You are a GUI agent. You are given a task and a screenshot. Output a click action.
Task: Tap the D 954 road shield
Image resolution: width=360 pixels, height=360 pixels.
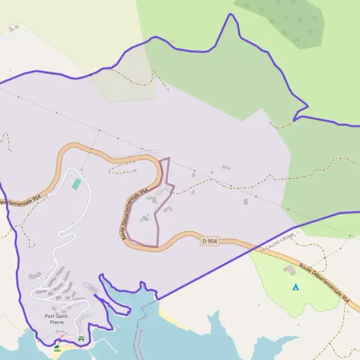point(209,241)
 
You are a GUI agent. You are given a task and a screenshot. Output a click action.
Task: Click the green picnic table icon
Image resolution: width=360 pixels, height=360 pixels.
point(81,340)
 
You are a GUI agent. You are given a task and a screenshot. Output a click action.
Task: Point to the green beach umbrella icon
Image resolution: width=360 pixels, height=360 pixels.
point(57,347)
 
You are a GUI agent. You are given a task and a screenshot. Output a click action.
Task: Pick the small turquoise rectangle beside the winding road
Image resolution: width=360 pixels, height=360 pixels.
point(76,184)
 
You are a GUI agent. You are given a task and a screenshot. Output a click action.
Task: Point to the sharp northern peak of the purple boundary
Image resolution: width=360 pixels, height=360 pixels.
point(229,15)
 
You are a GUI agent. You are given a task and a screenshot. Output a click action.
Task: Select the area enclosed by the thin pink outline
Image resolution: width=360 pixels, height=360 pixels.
point(147,222)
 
